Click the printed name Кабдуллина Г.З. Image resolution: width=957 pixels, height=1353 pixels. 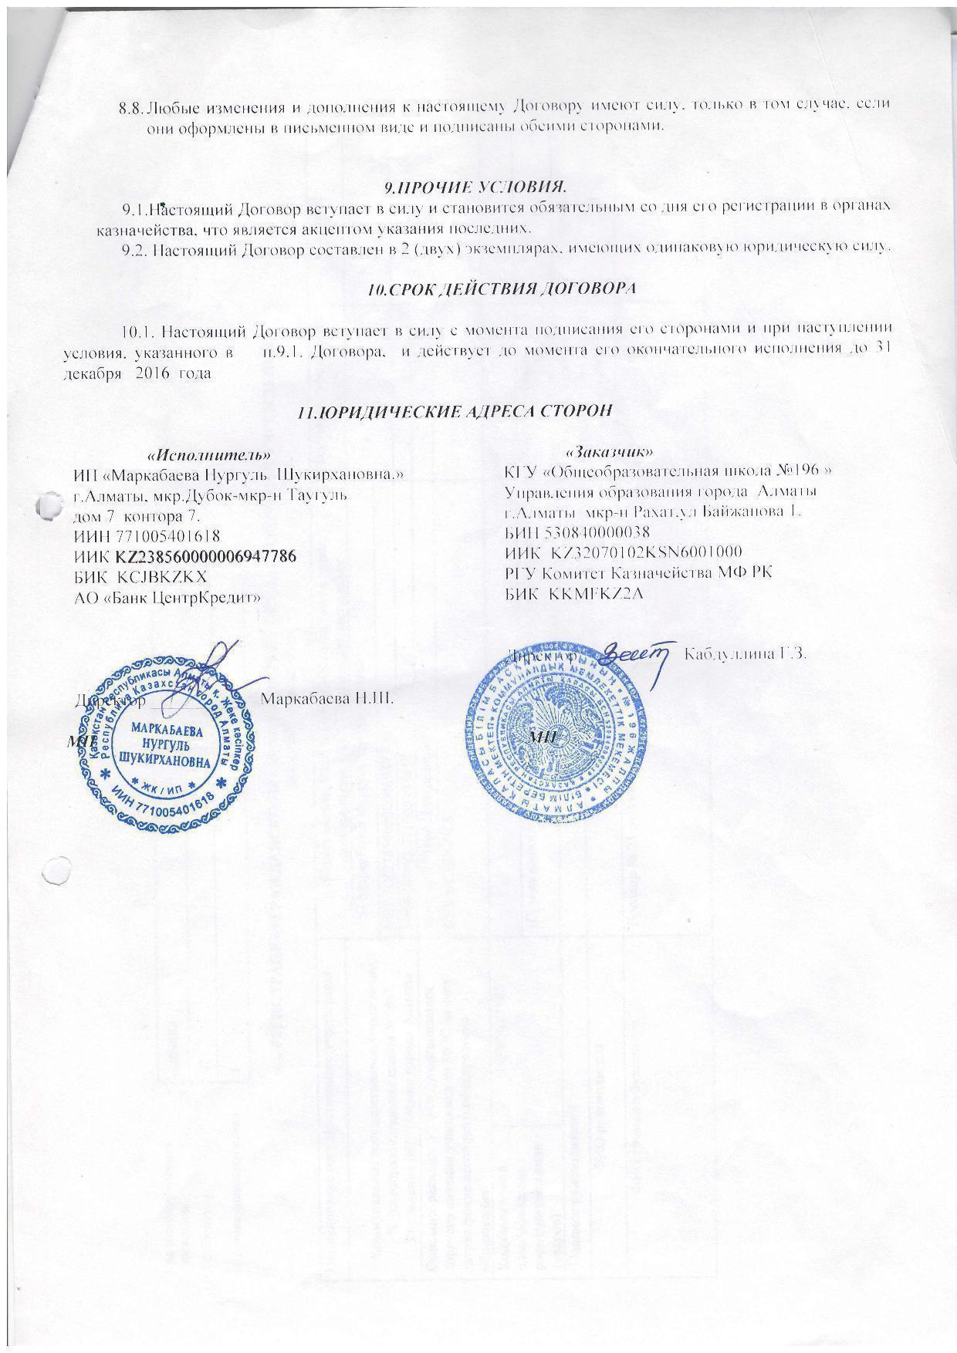click(x=746, y=654)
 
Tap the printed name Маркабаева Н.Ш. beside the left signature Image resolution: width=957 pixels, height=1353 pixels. click(x=328, y=699)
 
